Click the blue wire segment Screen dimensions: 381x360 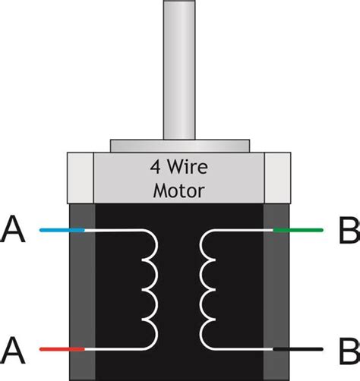[62, 228]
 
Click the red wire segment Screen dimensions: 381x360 [62, 348]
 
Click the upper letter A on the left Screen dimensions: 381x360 [14, 229]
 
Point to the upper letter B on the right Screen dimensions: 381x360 [347, 229]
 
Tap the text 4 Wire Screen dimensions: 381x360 [179, 167]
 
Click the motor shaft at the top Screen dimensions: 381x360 [180, 68]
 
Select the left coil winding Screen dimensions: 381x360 [151, 288]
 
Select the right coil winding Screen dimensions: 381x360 [207, 288]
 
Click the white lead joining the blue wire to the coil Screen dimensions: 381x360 [114, 228]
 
